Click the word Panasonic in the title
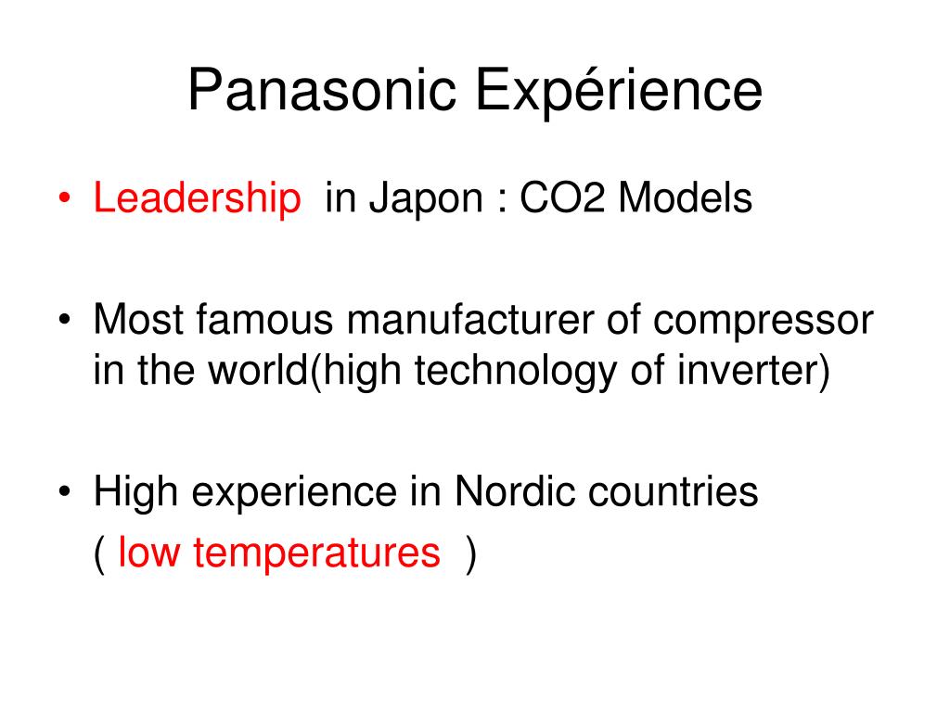coord(322,90)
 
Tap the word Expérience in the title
coord(619,90)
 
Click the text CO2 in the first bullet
coord(562,197)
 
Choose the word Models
coord(686,197)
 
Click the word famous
coord(264,319)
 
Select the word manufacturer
coord(470,319)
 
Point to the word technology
coord(516,372)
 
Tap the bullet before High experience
coord(65,491)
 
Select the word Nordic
coord(515,490)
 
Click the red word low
coord(149,552)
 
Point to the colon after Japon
coord(502,201)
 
